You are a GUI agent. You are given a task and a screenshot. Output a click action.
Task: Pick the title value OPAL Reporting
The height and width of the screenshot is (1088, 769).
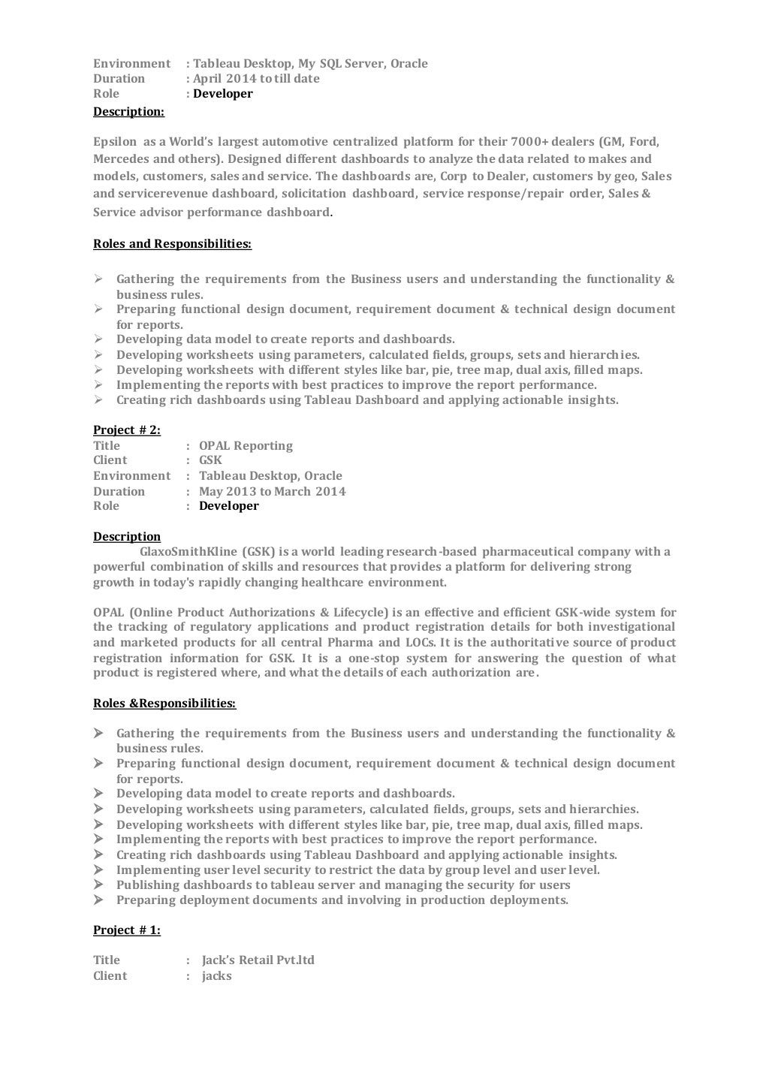pos(246,446)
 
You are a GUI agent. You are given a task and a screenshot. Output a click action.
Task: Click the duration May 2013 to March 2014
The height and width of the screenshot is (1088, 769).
pos(272,492)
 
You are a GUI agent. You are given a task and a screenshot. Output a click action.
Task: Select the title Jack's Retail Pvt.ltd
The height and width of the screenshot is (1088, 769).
pos(258,960)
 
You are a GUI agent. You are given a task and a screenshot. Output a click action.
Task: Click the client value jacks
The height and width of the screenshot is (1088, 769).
pos(217,976)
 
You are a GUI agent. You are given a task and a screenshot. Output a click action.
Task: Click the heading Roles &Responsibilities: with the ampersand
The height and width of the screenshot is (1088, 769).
pos(164,704)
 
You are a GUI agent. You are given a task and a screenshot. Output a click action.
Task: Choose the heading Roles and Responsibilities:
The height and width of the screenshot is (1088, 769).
pos(172,244)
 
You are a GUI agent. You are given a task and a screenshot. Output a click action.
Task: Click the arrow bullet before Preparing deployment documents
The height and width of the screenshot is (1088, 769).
pos(98,900)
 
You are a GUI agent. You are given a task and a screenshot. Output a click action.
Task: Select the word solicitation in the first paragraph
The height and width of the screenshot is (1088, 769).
pos(313,194)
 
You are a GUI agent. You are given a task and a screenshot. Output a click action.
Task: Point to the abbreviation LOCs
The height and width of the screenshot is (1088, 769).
pos(419,643)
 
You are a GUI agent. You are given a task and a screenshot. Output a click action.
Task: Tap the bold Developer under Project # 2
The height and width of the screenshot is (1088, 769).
pos(228,506)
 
